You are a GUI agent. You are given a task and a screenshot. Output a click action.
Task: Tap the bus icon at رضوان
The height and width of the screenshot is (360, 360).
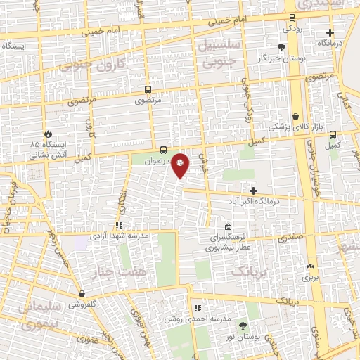(163, 149)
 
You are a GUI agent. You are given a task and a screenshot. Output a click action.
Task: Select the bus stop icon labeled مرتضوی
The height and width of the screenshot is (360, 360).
(148, 89)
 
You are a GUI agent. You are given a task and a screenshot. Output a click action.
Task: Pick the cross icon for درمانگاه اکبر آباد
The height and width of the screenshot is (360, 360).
(254, 190)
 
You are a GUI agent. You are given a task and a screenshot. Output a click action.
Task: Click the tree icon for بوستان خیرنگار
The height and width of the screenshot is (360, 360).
(282, 48)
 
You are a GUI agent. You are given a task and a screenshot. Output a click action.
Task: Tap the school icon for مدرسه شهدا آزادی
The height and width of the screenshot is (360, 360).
(119, 226)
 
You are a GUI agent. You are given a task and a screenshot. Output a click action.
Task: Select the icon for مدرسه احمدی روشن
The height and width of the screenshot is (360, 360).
(197, 308)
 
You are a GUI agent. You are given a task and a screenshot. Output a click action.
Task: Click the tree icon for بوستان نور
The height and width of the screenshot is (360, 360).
(243, 326)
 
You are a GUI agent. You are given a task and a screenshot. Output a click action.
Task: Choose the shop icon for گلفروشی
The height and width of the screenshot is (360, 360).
(82, 293)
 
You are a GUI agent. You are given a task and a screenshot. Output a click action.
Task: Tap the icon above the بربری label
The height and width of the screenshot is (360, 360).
(310, 266)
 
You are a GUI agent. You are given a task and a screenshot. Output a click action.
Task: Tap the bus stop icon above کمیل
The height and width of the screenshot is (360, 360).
(332, 134)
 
